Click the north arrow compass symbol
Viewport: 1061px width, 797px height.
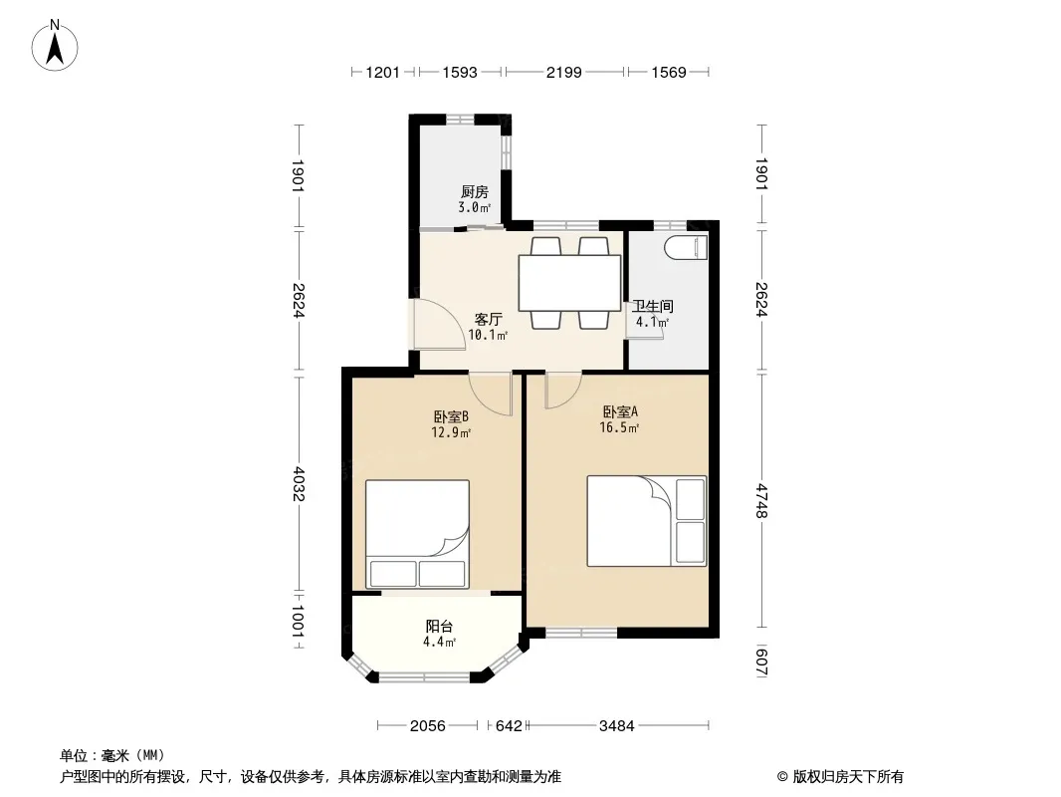pyautogui.click(x=55, y=46)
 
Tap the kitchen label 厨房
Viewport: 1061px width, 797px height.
pyautogui.click(x=475, y=192)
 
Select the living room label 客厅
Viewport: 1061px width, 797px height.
pyautogui.click(x=488, y=319)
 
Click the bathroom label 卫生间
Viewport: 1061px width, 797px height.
pyautogui.click(x=653, y=307)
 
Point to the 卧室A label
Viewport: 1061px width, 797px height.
pyautogui.click(x=620, y=411)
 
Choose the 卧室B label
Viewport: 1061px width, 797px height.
pyautogui.click(x=451, y=416)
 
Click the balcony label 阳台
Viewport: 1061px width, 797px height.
pyautogui.click(x=439, y=627)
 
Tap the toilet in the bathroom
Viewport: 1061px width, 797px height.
pyautogui.click(x=686, y=247)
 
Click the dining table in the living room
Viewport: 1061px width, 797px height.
pyautogui.click(x=569, y=283)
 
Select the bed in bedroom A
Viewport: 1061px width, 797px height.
pyautogui.click(x=646, y=521)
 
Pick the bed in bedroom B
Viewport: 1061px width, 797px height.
pyautogui.click(x=417, y=534)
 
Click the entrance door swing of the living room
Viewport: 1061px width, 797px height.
pyautogui.click(x=439, y=325)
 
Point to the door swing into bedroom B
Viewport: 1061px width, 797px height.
pyautogui.click(x=491, y=394)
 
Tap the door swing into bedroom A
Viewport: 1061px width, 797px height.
pyautogui.click(x=563, y=391)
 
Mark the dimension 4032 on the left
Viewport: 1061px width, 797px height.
pyautogui.click(x=299, y=484)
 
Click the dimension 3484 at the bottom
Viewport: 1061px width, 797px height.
pyautogui.click(x=617, y=726)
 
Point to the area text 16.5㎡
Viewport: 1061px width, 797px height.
pyautogui.click(x=619, y=428)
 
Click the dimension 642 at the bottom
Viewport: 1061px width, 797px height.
pyautogui.click(x=509, y=726)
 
